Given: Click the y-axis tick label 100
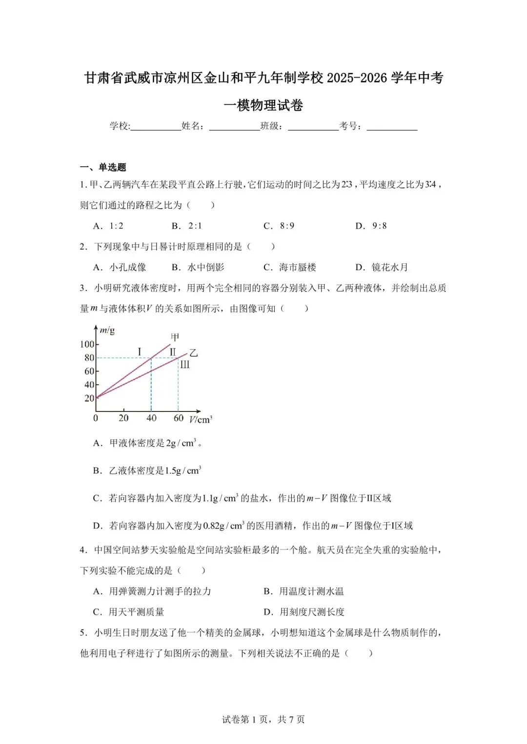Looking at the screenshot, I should coord(87,344).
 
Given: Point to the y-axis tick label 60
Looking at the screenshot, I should coord(89,372).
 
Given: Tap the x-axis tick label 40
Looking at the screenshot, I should coord(151,418).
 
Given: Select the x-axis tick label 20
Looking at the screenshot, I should coord(123,418).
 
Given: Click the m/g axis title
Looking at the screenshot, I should coord(107,331).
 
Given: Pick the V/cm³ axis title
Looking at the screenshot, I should coord(200,419).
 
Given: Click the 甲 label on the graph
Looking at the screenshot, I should coord(175,337).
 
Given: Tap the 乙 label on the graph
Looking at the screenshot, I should coord(193,353).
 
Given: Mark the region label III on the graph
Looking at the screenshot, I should coord(184,365).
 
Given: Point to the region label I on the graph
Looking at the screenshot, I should coord(140,352).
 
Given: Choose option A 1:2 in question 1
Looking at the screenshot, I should coord(108,226).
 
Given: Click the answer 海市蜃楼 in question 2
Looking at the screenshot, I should coord(290,267).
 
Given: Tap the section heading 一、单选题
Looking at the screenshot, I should coord(103,167).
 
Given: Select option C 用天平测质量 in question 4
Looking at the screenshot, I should coord(129,612).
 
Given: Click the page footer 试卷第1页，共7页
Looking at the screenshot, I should coord(263,720).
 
